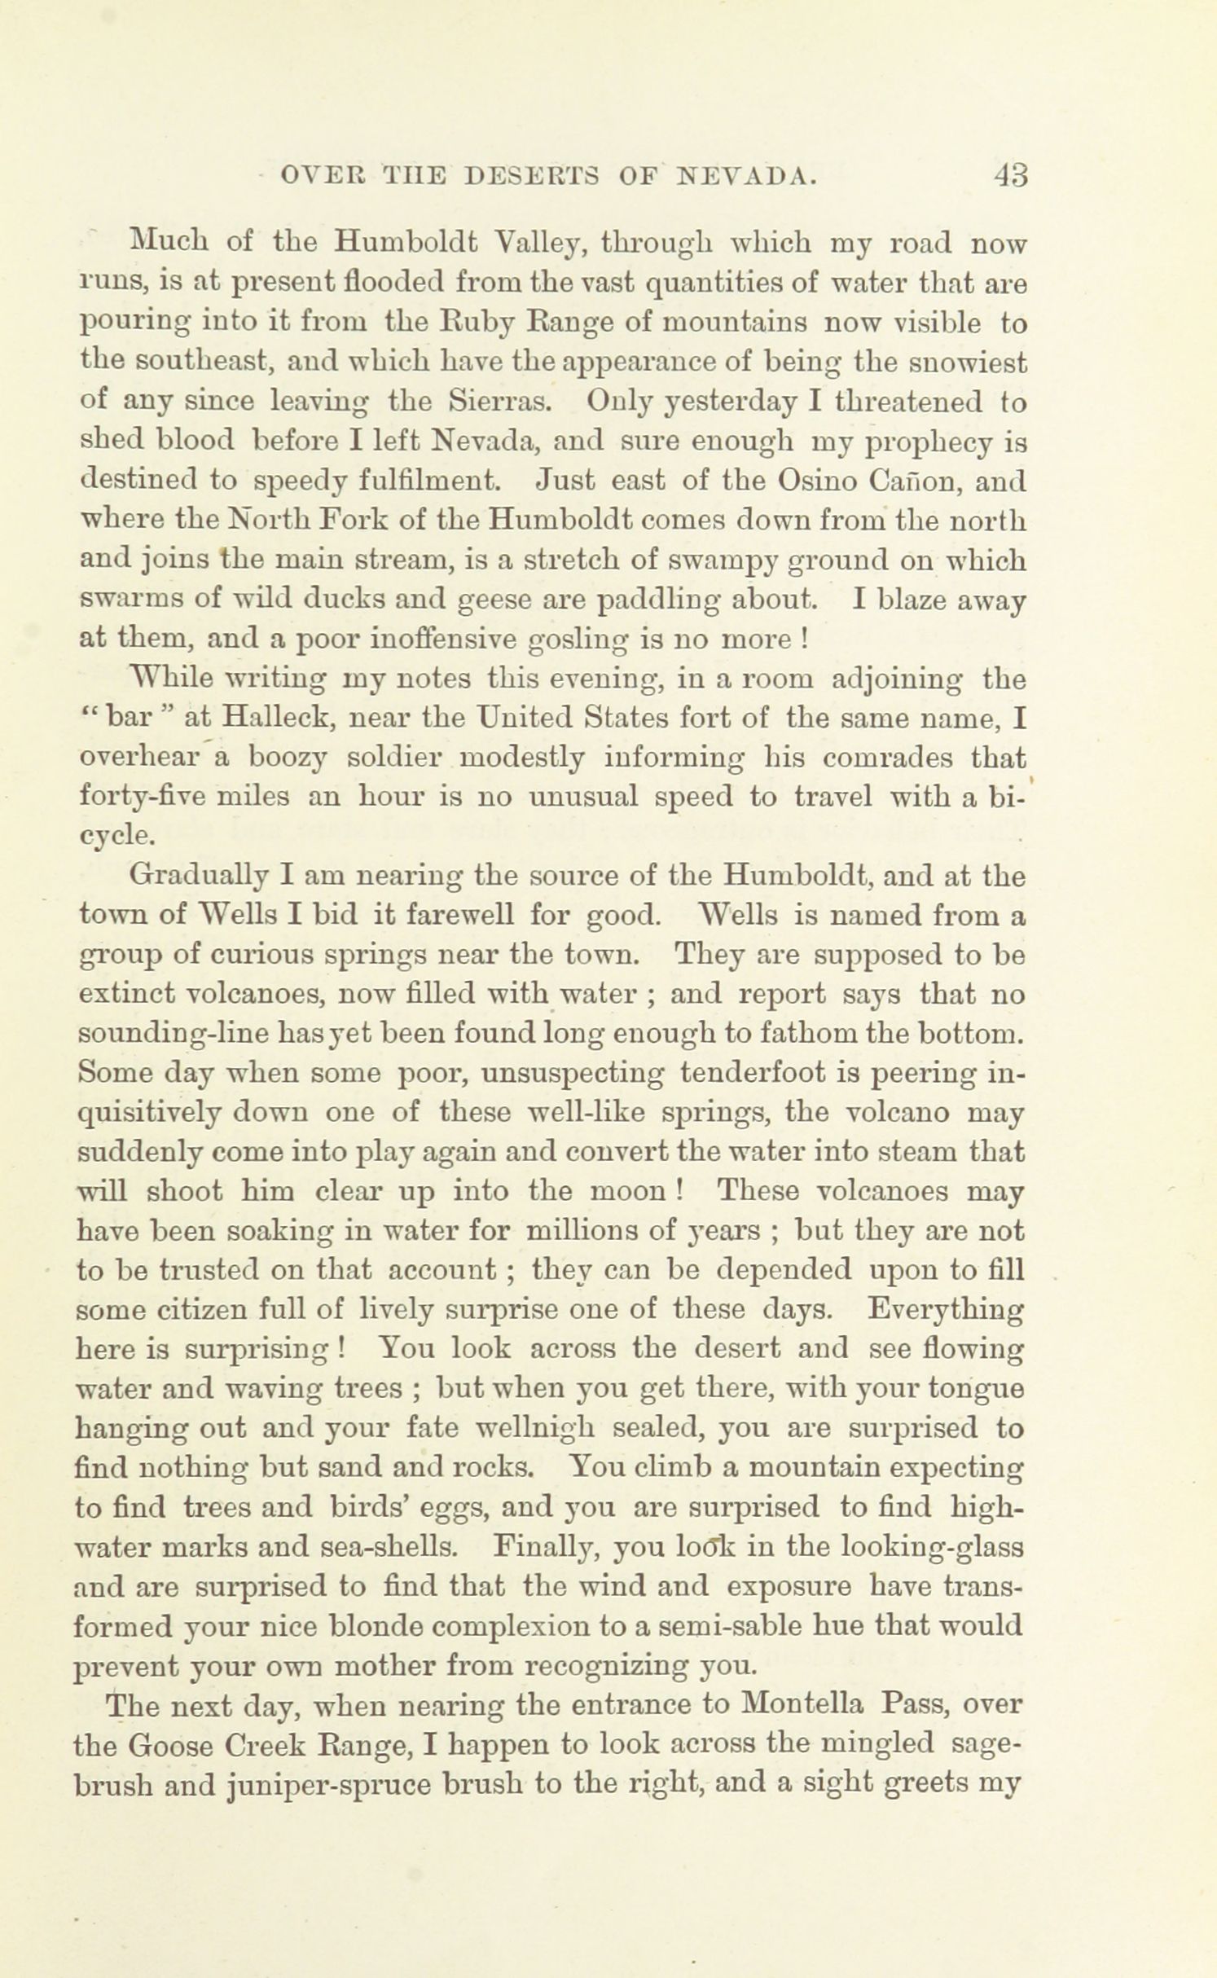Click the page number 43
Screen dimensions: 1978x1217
click(1009, 175)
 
